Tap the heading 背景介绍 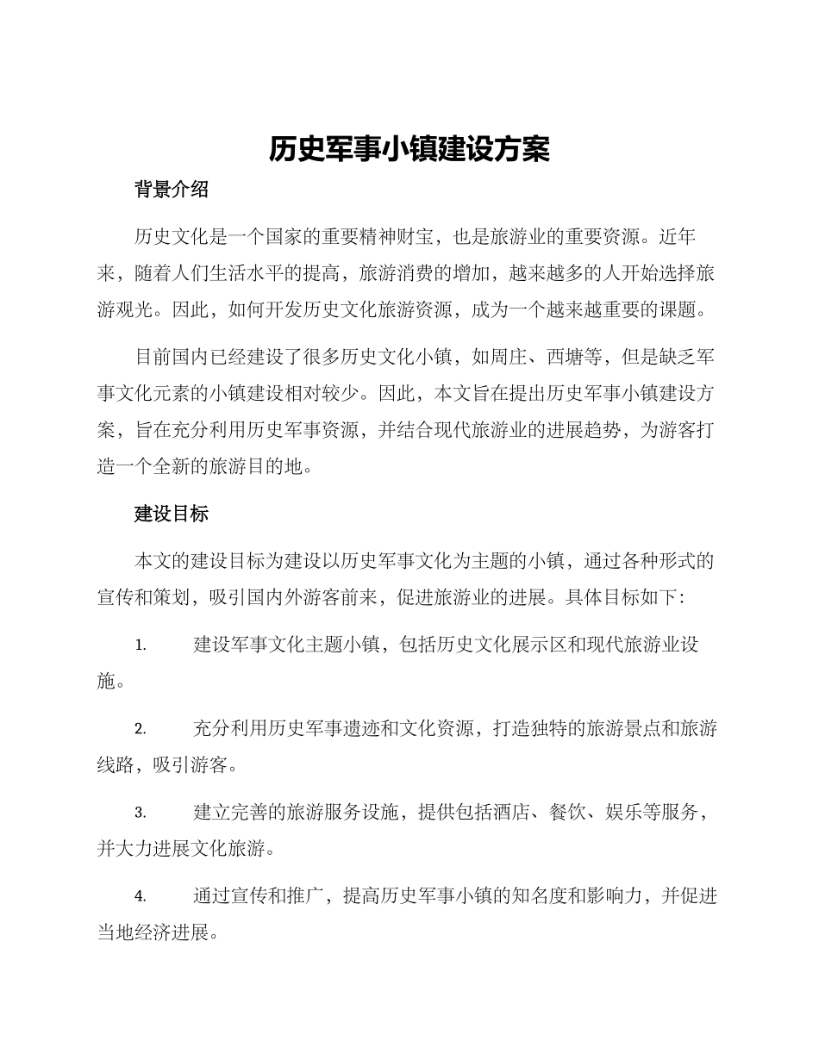[172, 190]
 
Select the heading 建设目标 [172, 514]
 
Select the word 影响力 [613, 895]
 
